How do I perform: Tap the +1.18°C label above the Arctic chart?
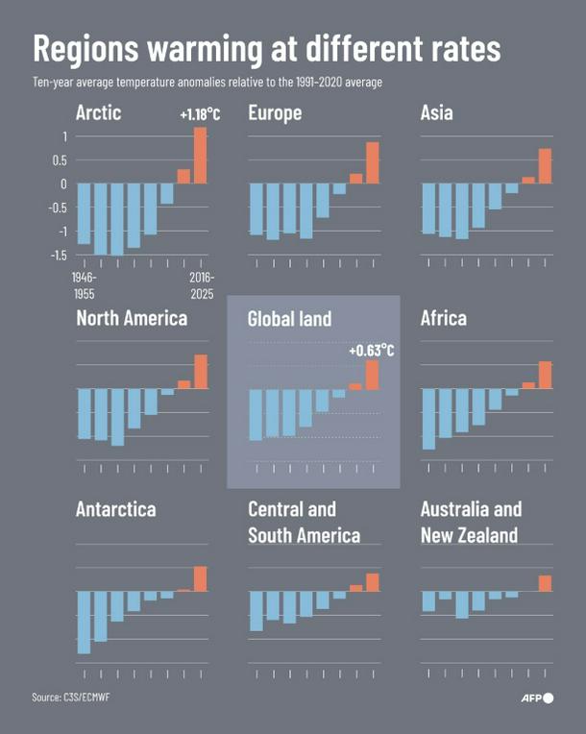pos(200,115)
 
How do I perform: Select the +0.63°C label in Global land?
pos(372,350)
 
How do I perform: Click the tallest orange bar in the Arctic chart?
pos(201,156)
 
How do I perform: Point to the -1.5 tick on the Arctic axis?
pos(57,256)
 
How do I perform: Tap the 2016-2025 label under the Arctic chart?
pos(201,285)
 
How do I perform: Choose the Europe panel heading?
pos(275,113)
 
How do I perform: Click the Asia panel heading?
pos(437,113)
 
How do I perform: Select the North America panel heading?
pos(132,318)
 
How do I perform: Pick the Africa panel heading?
pos(444,318)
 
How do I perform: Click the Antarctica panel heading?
pos(115,510)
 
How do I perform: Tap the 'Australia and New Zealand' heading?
pos(471,522)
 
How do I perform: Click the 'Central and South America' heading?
pos(304,522)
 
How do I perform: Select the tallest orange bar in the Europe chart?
pos(373,162)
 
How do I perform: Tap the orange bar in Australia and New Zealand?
pos(545,583)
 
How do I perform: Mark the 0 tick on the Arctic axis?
pos(62,183)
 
